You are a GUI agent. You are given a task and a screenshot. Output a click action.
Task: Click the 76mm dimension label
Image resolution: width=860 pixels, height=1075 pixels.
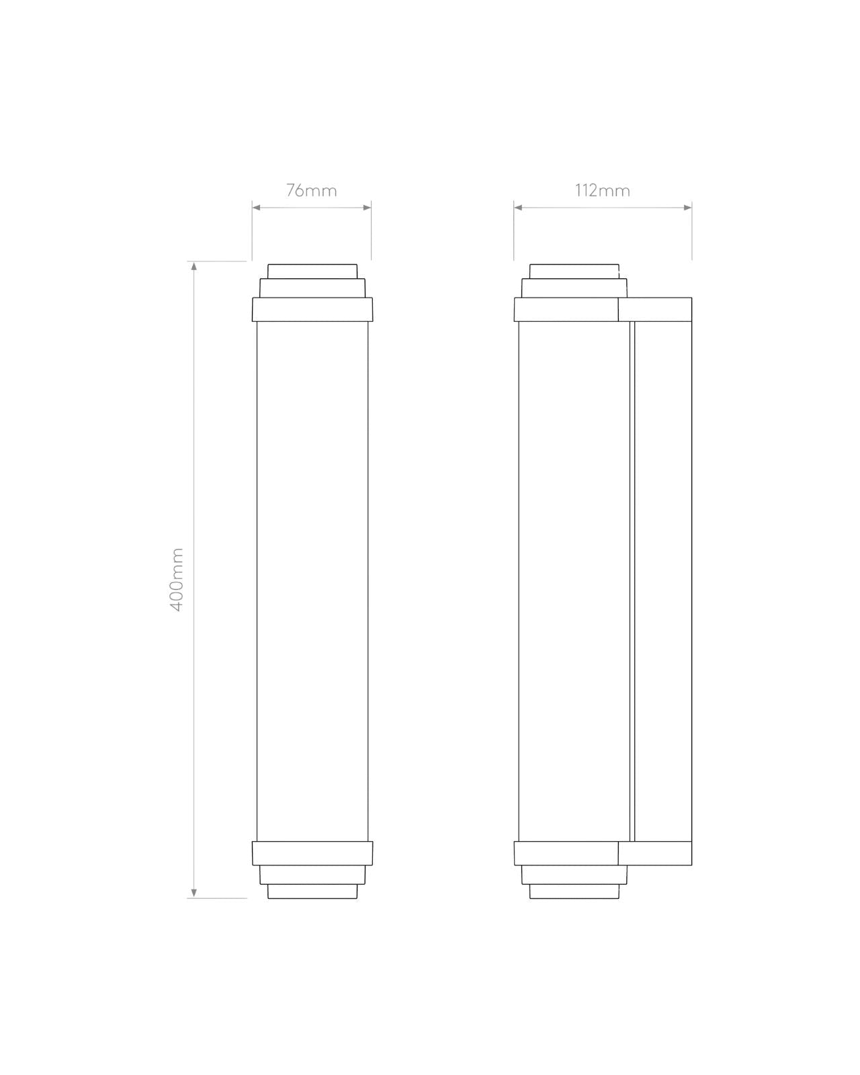click(x=311, y=190)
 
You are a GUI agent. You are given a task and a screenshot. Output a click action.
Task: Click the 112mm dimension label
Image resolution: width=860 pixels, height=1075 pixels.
click(x=602, y=190)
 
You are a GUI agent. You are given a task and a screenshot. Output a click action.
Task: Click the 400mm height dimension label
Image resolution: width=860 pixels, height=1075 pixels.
click(x=177, y=579)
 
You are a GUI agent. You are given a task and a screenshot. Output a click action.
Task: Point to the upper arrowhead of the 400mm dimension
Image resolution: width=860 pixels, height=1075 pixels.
click(x=194, y=266)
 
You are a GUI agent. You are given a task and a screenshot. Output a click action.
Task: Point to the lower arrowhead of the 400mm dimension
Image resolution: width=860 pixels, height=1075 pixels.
click(x=194, y=893)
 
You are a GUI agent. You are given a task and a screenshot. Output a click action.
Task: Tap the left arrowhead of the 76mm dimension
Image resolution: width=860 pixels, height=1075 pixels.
click(x=257, y=208)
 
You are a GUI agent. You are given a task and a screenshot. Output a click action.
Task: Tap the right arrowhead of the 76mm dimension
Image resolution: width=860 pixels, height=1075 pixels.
click(x=367, y=208)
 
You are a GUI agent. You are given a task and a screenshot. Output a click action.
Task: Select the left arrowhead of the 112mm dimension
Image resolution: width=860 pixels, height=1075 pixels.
click(x=518, y=208)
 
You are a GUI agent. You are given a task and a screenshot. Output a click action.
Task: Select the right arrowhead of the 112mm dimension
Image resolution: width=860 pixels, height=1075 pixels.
click(x=687, y=208)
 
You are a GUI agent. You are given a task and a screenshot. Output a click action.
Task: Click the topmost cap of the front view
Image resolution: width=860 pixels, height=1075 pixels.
click(x=312, y=271)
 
